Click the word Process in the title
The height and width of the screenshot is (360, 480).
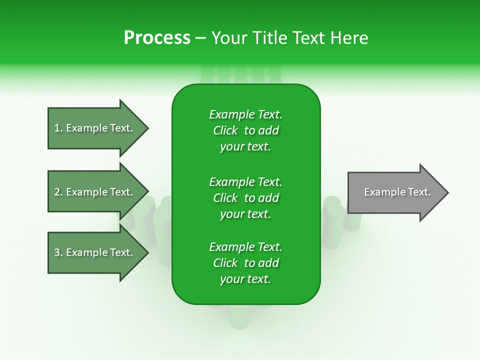click(x=157, y=38)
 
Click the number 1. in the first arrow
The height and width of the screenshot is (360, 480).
click(x=58, y=128)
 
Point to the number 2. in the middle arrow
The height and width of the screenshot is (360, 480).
click(x=58, y=192)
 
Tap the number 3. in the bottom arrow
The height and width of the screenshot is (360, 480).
click(x=58, y=252)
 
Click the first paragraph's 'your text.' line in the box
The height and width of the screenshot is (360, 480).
click(x=245, y=147)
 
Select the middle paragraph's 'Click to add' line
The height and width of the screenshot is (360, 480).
click(x=245, y=198)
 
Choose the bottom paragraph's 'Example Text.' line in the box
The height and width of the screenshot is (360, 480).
click(x=245, y=247)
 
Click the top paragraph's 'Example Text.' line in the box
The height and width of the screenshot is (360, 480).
click(x=245, y=114)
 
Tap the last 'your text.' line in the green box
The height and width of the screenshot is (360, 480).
click(x=245, y=279)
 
